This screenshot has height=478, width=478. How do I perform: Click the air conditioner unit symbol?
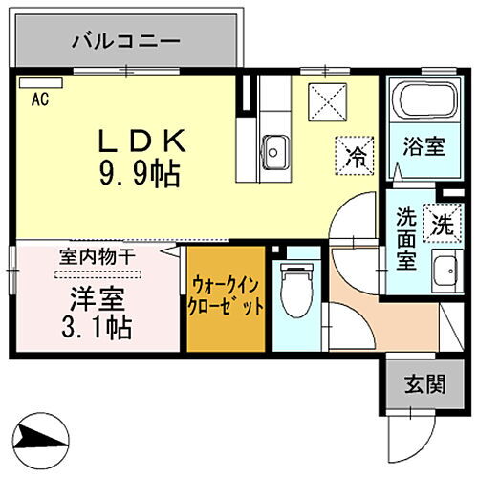(33, 84)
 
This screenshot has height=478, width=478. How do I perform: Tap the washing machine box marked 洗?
(441, 225)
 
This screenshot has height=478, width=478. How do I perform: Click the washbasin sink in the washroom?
(443, 273)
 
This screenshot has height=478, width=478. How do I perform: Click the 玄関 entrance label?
(422, 384)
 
